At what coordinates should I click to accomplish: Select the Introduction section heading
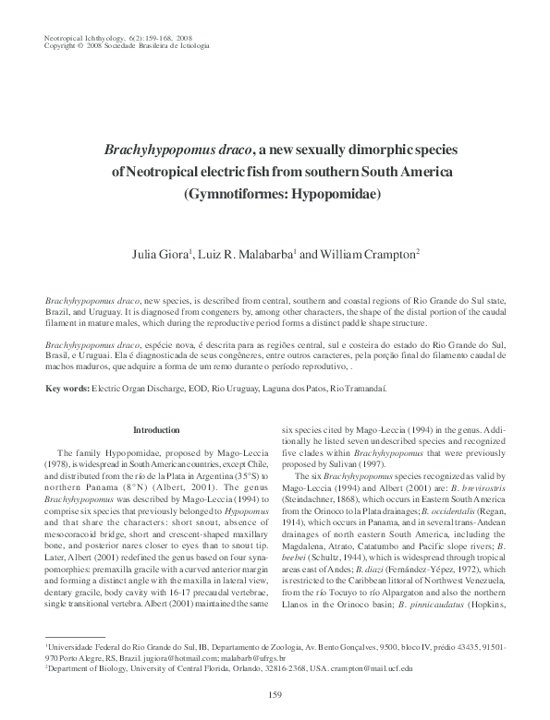click(157, 430)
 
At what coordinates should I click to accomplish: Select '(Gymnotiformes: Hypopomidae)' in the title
click(275, 195)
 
